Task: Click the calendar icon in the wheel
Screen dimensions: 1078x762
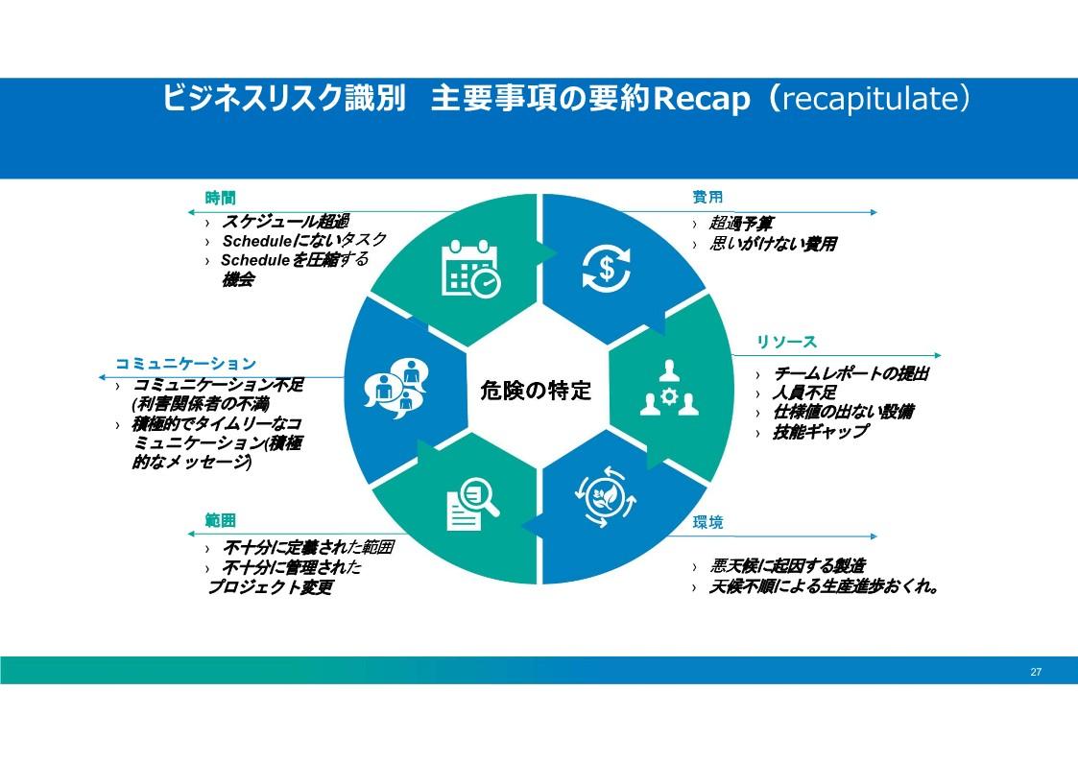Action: [x=471, y=268]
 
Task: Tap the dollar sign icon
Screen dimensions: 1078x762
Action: [x=606, y=268]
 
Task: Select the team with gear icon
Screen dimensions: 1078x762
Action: [x=669, y=389]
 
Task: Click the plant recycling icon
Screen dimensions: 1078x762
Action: [x=605, y=497]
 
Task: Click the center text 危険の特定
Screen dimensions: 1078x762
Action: [x=536, y=391]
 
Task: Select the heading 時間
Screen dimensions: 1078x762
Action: [x=220, y=198]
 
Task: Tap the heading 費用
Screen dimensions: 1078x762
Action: [x=707, y=197]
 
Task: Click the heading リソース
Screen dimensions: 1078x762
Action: [x=786, y=342]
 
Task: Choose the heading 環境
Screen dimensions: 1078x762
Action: [x=707, y=522]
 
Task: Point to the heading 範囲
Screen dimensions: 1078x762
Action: [x=220, y=520]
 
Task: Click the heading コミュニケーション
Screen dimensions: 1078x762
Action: [x=185, y=364]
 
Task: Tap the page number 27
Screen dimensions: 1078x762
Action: [x=1036, y=672]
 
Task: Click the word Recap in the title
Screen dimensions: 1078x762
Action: [x=702, y=99]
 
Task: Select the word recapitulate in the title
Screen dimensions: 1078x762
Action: [x=870, y=99]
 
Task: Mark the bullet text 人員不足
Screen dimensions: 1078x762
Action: [x=804, y=393]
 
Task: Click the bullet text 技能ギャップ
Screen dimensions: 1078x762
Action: [x=820, y=432]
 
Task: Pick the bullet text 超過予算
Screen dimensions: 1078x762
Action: [x=741, y=224]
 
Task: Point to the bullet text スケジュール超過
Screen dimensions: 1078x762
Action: [x=285, y=222]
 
